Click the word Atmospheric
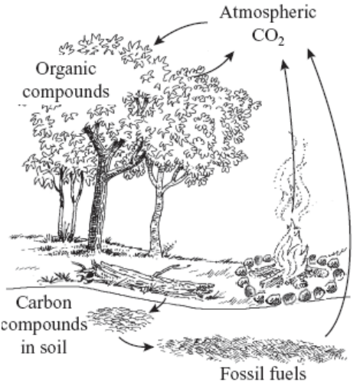pos(268,13)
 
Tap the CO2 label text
pos(268,36)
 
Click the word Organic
pos(66,70)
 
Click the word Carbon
pos(44,303)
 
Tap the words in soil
pos(44,347)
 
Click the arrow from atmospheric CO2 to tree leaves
pos(178,29)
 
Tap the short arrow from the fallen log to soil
pos(158,305)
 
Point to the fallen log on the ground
pos(143,277)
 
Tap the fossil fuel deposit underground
pos(251,348)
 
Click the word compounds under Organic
pos(66,92)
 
